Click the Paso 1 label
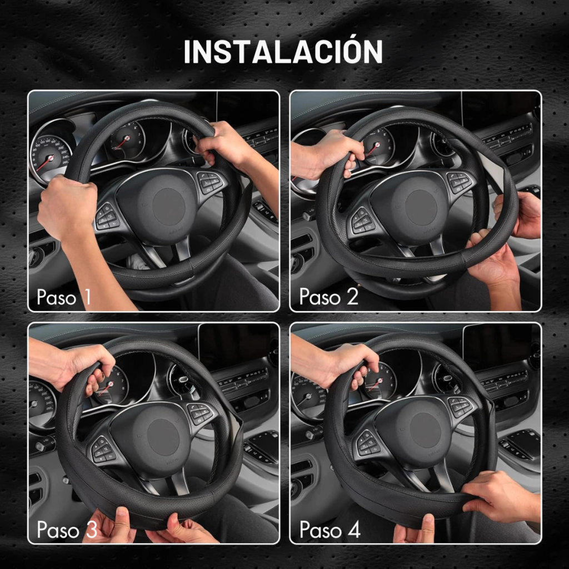point(63,297)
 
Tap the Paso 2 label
point(329,296)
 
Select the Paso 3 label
point(67,530)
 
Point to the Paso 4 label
point(330,530)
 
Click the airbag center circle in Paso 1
point(169,207)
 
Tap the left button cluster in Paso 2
point(362,220)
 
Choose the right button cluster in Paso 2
point(460,182)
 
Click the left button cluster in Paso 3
point(102,449)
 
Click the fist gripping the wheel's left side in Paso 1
point(67,207)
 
